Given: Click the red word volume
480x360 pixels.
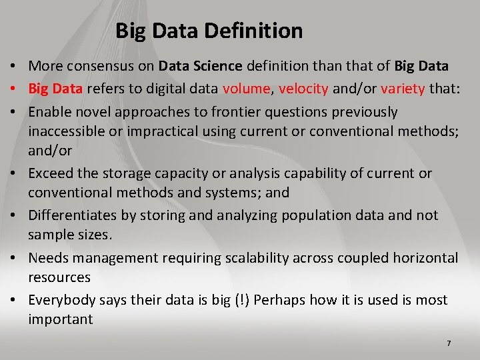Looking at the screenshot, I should (247, 88).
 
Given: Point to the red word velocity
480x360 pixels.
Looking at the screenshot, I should (303, 88).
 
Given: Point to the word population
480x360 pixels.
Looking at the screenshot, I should (317, 215).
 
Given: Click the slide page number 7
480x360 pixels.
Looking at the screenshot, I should (449, 343).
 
